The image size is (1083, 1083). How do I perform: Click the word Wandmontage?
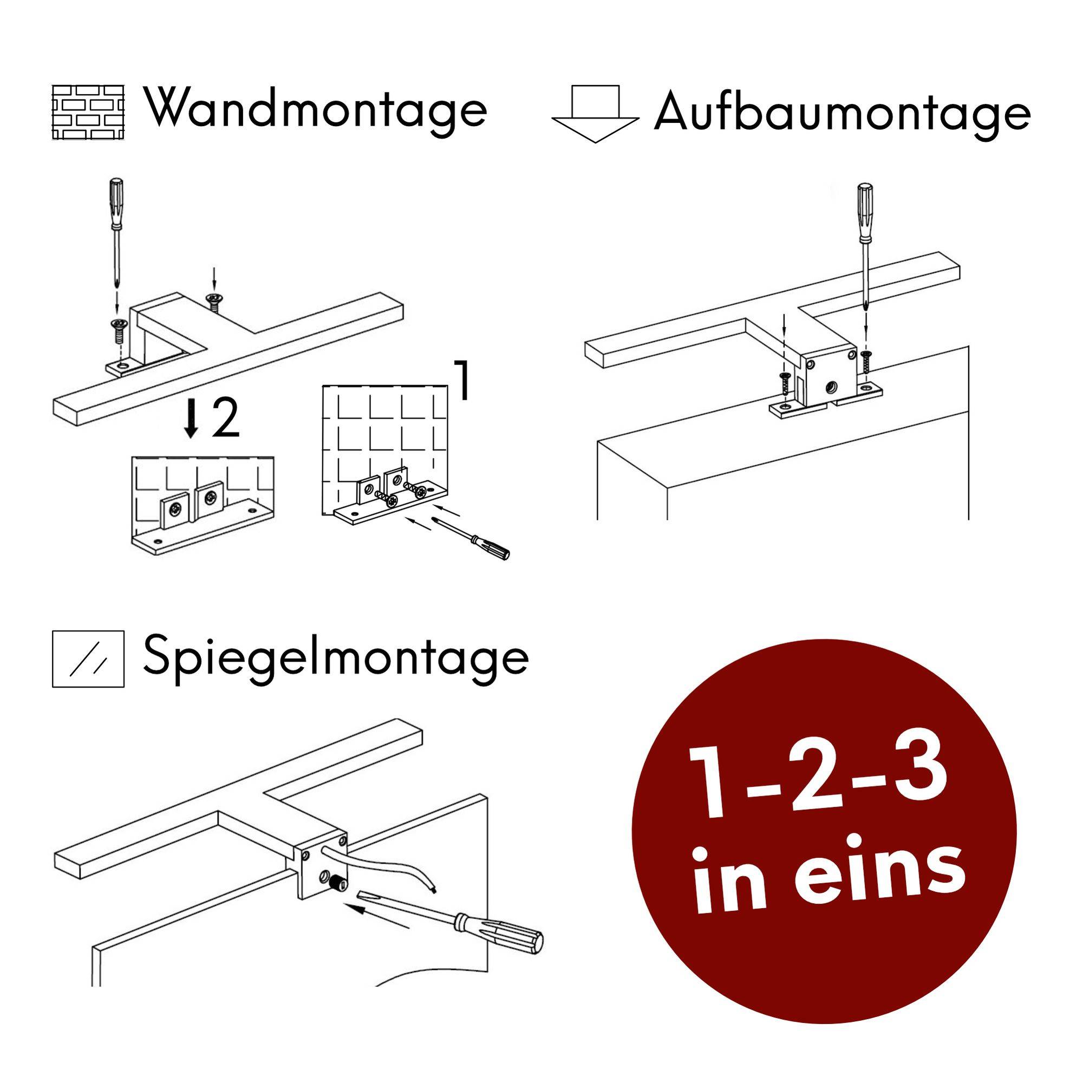pos(317,109)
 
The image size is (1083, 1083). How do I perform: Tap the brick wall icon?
pos(88,112)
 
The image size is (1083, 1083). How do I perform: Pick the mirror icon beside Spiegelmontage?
pos(88,658)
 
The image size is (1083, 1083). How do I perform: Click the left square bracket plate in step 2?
pos(176,510)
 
